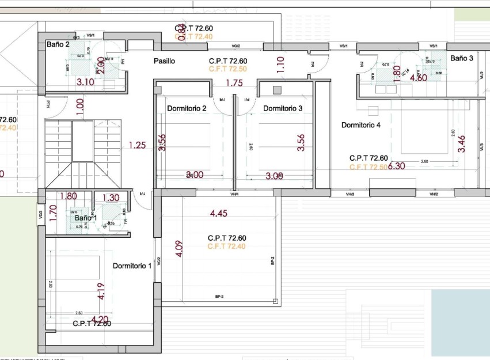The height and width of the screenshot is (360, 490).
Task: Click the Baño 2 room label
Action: point(58,44)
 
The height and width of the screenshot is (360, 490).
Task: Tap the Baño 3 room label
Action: point(461,58)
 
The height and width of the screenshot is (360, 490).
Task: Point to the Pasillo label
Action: point(164,61)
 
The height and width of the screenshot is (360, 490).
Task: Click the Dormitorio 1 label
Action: point(132,266)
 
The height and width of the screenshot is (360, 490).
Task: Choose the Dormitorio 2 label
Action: point(187,108)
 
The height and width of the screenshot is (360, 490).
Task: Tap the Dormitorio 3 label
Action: point(283,108)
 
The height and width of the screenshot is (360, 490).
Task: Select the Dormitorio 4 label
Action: point(361,125)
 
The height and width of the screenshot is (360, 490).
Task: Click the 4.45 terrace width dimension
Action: point(219,214)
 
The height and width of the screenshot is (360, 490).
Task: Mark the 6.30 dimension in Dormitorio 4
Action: point(397,166)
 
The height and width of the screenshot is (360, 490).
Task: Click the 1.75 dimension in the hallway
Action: point(234,83)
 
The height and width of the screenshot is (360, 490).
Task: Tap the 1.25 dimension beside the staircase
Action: point(137,145)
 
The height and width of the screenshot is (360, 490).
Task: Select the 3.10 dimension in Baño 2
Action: point(85,82)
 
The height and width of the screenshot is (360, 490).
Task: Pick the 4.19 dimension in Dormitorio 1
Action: point(101,291)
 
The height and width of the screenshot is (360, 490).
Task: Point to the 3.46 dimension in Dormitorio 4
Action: point(461,143)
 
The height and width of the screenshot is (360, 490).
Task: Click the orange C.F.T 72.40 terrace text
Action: point(227,247)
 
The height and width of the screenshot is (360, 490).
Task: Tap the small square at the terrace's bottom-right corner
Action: point(275,301)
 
